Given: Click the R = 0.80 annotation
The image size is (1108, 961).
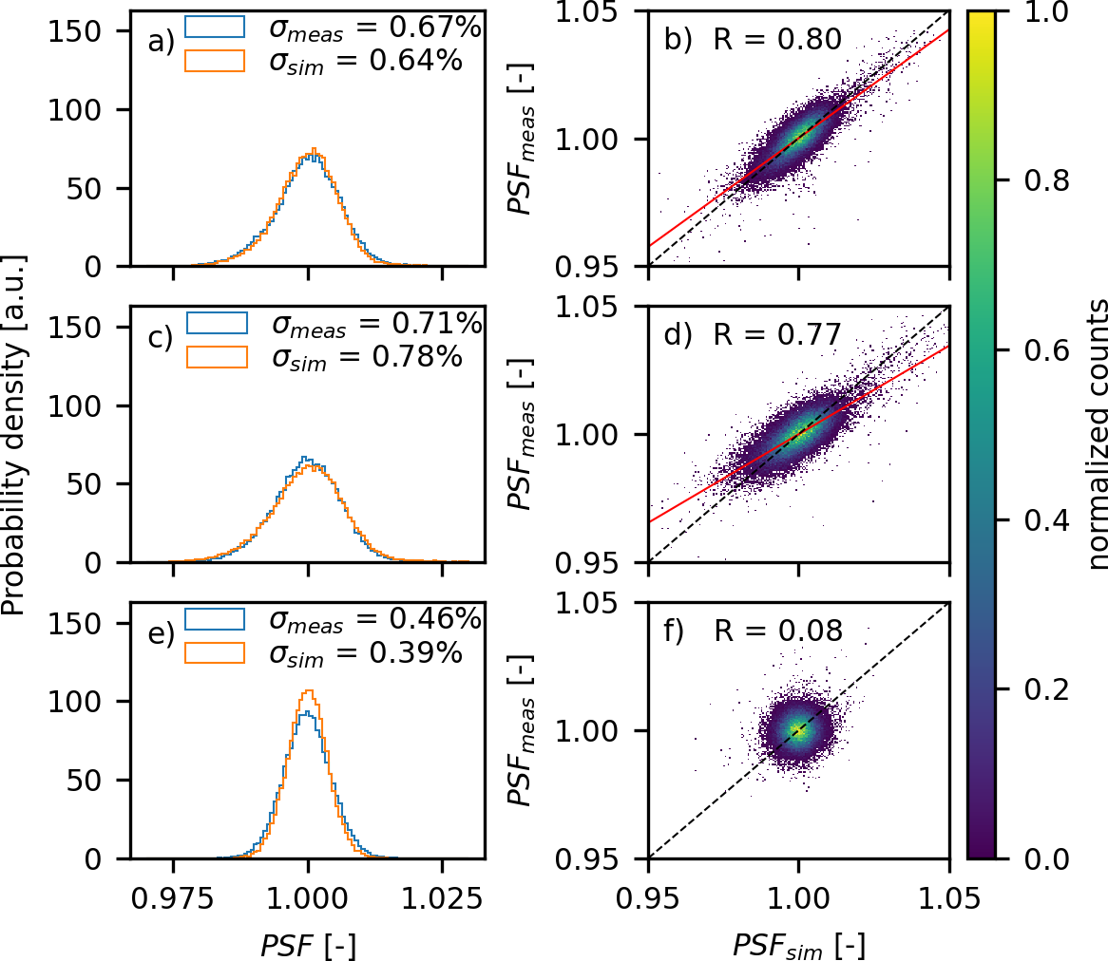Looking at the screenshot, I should point(777,40).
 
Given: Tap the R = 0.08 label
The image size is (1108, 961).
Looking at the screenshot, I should point(777,631).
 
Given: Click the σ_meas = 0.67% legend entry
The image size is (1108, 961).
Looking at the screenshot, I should point(376,29).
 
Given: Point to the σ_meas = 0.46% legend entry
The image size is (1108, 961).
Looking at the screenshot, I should point(376,621).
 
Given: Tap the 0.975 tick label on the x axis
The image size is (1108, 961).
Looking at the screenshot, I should point(173,897).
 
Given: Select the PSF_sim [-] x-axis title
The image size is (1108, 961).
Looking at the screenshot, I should point(798,946).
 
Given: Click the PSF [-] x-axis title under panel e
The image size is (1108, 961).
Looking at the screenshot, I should point(308,946).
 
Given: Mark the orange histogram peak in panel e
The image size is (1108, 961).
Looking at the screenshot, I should point(309,690).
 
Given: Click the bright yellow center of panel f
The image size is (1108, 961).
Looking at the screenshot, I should point(797,730).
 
